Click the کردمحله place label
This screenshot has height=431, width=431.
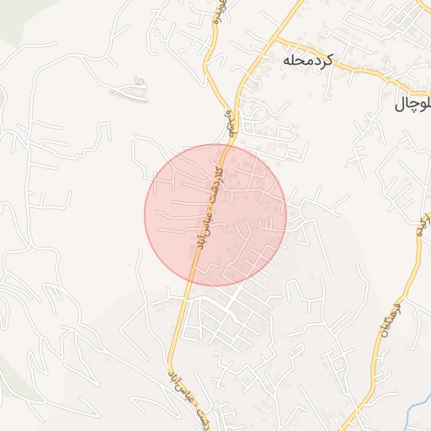(x=308, y=61)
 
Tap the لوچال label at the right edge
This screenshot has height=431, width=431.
(x=413, y=104)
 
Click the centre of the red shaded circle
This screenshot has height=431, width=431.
(x=215, y=215)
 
